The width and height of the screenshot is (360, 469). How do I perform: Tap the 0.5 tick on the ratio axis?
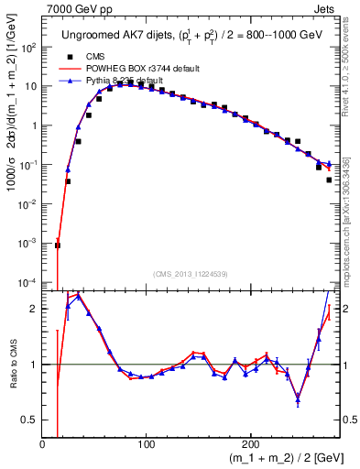coord(30,420)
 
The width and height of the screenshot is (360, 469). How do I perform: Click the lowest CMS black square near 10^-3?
coord(58,245)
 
